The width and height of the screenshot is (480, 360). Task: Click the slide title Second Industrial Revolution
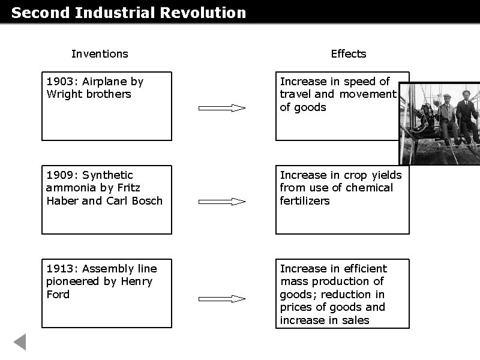point(128,13)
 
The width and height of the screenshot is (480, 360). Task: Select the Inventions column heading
point(100,54)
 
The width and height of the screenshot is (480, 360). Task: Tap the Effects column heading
point(348,54)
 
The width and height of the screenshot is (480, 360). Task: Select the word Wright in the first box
point(64,94)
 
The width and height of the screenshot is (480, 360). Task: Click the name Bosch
point(147,200)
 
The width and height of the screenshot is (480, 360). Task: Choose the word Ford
point(58,294)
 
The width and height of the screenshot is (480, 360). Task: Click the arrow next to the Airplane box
point(222,108)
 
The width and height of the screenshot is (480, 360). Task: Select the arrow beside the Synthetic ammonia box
point(222,202)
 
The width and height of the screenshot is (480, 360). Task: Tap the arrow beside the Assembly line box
point(222,298)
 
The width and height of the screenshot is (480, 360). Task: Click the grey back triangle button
point(20,341)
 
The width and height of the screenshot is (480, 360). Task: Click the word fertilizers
point(305,200)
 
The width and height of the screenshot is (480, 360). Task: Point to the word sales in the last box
point(356,320)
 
